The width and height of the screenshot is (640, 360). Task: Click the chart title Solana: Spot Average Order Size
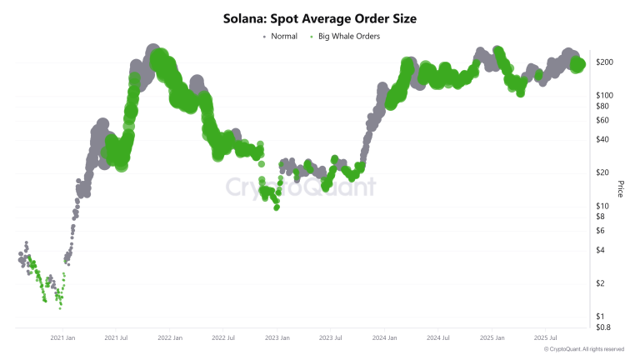[320, 17]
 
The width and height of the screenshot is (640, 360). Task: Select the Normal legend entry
[284, 37]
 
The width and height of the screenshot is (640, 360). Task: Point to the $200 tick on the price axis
[605, 62]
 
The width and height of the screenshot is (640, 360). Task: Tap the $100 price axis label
[605, 95]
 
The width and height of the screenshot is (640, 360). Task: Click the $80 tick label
[603, 106]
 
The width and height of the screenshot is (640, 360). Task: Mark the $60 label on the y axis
[603, 120]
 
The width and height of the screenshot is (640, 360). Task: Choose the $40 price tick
[603, 139]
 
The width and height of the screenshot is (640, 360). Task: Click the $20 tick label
[603, 172]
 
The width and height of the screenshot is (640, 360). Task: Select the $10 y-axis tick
[603, 206]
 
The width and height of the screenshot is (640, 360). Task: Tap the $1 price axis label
[602, 317]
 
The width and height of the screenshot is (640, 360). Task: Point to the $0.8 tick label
[604, 327]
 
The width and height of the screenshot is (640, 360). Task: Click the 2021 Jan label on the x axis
[63, 337]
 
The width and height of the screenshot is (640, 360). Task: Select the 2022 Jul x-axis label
[223, 337]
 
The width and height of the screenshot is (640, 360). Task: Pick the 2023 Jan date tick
[277, 337]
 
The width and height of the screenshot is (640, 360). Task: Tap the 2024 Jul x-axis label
[437, 337]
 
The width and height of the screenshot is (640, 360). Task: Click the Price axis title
[620, 189]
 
